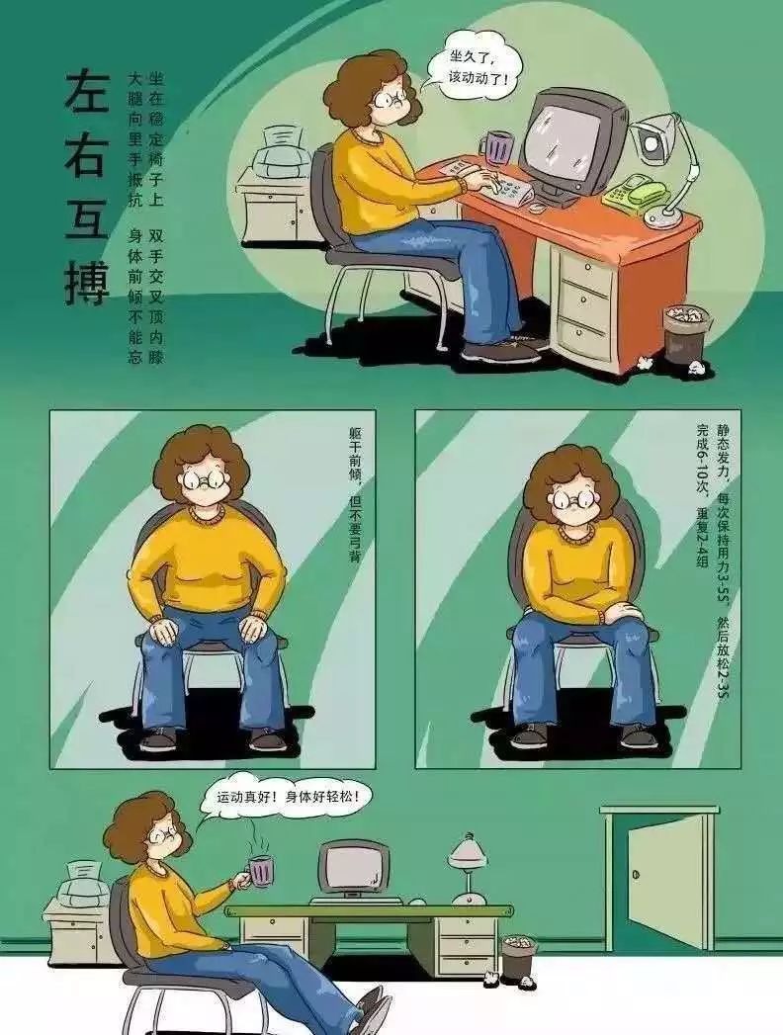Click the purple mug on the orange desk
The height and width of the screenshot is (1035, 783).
(498, 146)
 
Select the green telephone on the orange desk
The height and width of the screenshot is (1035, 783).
(636, 191)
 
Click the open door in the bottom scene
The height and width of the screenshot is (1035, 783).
(664, 879)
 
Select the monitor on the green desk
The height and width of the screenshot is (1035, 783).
(353, 871)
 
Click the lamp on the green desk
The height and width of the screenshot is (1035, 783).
(468, 868)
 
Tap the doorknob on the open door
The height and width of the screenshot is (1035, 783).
(636, 875)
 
